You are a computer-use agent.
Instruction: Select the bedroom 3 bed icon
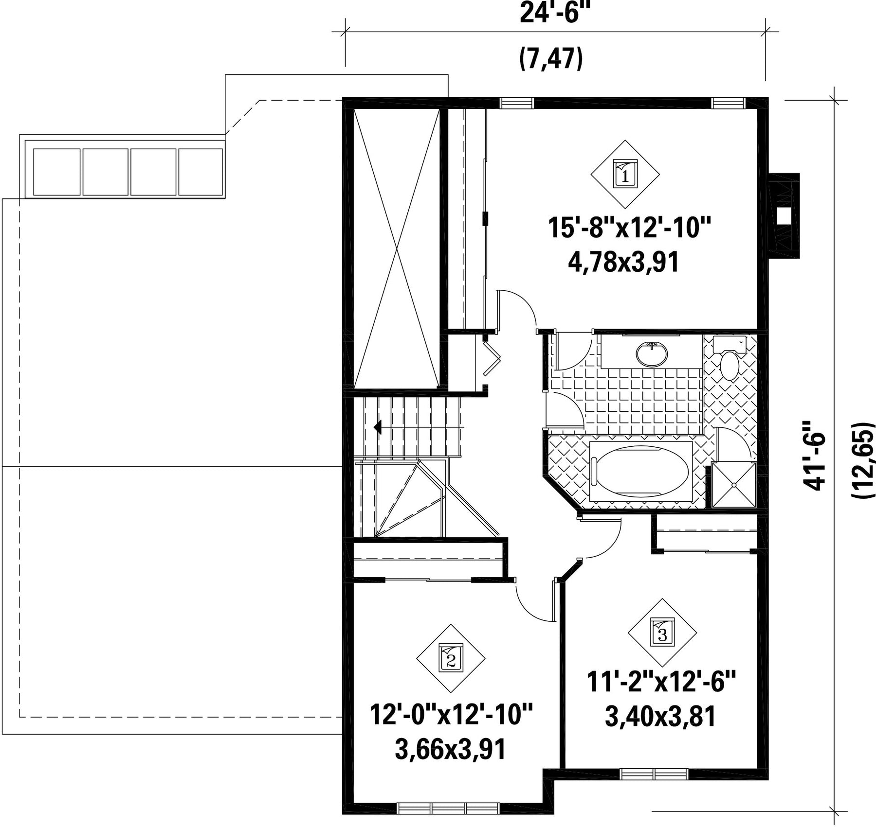662,633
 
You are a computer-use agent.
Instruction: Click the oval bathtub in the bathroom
640,471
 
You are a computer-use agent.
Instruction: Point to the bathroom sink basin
652,354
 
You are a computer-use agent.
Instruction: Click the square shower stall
734,485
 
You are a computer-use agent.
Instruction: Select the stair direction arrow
377,427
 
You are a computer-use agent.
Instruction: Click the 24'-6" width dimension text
551,13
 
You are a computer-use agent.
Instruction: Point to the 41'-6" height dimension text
815,455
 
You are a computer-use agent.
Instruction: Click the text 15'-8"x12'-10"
630,228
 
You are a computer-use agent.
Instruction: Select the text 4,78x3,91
624,263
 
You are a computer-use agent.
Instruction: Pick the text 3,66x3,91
451,749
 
